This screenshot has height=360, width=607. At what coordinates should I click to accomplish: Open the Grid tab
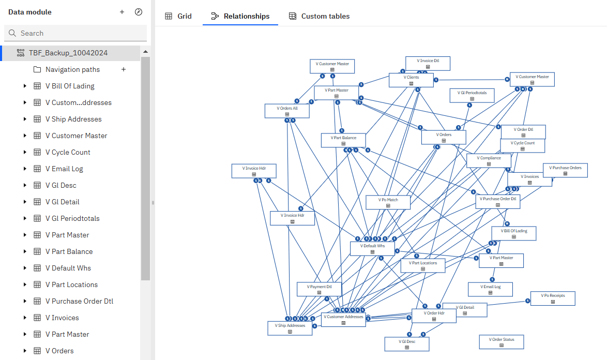tap(178, 16)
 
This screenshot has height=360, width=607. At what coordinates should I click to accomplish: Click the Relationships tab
tap(240, 16)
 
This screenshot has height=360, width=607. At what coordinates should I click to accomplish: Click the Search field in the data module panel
tap(78, 33)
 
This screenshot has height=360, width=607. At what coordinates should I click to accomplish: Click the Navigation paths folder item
tap(72, 69)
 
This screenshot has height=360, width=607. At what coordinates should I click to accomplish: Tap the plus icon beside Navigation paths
tap(124, 69)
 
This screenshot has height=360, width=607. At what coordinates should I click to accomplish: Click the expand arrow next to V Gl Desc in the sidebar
tap(25, 185)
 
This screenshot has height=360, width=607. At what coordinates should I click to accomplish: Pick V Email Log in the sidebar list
tap(64, 169)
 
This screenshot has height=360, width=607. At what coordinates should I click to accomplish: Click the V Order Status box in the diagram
tap(501, 342)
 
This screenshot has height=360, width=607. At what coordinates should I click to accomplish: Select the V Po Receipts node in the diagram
tap(553, 298)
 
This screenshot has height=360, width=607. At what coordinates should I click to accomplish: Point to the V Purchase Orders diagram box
tap(565, 170)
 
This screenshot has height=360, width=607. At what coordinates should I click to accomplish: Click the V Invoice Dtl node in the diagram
tap(428, 64)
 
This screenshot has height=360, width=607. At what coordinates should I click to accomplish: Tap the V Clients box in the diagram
tap(411, 80)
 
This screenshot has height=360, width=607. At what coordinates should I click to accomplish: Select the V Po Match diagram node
tap(388, 202)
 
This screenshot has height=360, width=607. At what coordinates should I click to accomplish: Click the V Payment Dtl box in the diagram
tap(319, 289)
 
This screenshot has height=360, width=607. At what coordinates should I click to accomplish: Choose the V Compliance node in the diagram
tap(489, 161)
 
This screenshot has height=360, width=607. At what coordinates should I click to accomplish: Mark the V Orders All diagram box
tap(288, 111)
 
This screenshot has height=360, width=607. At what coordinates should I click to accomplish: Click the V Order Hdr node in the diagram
tap(434, 316)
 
